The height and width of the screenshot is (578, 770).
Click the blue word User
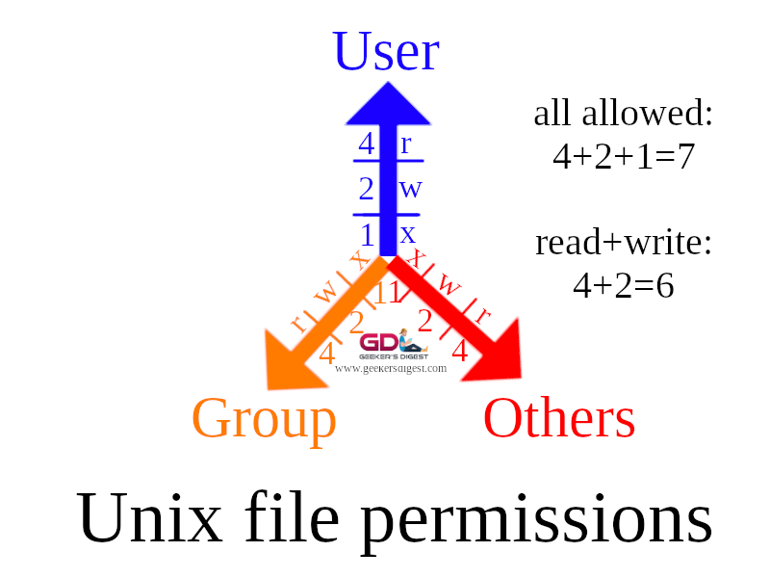[386, 52]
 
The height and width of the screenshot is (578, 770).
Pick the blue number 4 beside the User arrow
[367, 144]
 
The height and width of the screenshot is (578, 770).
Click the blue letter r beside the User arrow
[406, 144]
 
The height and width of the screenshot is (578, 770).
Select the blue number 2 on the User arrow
[367, 188]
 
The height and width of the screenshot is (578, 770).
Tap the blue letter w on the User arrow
[411, 189]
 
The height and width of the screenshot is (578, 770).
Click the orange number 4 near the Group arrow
[327, 354]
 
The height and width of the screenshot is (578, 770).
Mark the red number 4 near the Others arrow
[459, 352]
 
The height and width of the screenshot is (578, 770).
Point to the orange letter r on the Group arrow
[298, 322]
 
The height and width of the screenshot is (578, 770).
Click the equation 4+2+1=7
[624, 156]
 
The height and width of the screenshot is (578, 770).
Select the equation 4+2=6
[624, 285]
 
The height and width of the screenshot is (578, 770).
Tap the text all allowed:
[624, 114]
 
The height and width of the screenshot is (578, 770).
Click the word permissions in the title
[536, 517]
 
